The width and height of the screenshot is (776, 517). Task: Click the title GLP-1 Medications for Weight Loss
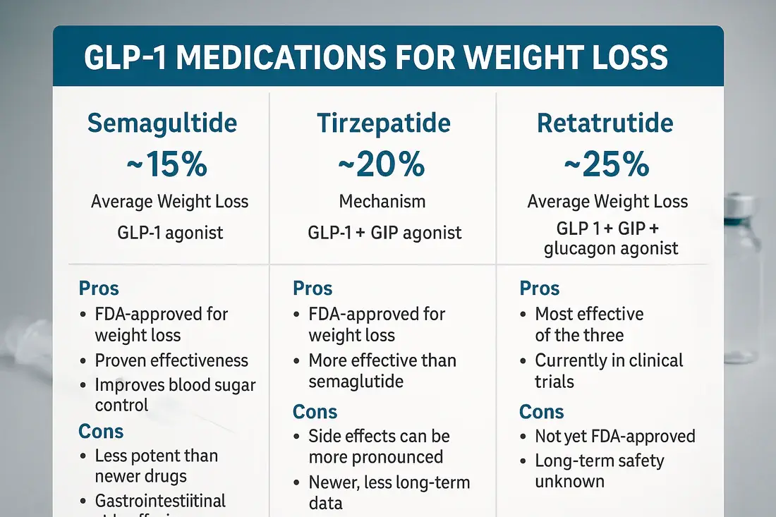pyautogui.click(x=375, y=58)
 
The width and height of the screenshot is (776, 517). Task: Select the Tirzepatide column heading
pyautogui.click(x=382, y=123)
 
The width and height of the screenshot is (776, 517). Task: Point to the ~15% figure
pyautogui.click(x=168, y=164)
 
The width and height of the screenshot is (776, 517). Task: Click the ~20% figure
pyautogui.click(x=382, y=164)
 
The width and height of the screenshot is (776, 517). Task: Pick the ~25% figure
pyautogui.click(x=607, y=164)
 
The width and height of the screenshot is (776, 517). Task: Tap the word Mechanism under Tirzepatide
pyautogui.click(x=382, y=202)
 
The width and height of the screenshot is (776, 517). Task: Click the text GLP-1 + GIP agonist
pyautogui.click(x=385, y=233)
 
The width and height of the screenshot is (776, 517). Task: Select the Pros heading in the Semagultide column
pyautogui.click(x=99, y=288)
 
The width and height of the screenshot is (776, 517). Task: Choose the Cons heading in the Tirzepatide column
pyautogui.click(x=315, y=412)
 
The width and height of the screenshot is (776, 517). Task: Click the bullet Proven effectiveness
pyautogui.click(x=171, y=360)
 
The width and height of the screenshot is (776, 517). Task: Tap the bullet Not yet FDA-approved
pyautogui.click(x=614, y=437)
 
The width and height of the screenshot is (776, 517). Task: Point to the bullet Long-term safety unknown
pyautogui.click(x=599, y=471)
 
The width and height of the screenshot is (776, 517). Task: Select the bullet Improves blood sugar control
pyautogui.click(x=175, y=395)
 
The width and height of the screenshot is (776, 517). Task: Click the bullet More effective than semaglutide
pyautogui.click(x=382, y=371)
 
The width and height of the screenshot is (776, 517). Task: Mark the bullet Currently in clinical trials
pyautogui.click(x=608, y=371)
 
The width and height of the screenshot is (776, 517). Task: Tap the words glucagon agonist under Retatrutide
pyautogui.click(x=611, y=248)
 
